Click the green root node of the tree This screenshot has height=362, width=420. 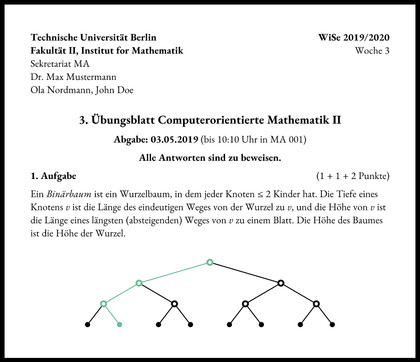click(x=210, y=262)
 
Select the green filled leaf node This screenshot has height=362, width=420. click(x=120, y=325)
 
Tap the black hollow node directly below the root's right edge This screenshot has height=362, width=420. click(x=281, y=283)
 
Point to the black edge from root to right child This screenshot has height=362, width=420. click(x=246, y=273)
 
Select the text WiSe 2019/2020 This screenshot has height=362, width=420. click(x=354, y=37)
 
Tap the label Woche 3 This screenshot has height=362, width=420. click(x=372, y=50)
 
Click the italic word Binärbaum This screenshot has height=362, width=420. click(x=69, y=194)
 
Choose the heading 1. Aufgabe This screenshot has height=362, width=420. click(x=53, y=176)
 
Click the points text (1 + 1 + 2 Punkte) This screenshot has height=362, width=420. click(x=352, y=176)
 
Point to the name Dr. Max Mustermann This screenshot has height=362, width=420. click(x=73, y=77)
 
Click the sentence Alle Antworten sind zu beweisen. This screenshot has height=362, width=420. click(x=210, y=158)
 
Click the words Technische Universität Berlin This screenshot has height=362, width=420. click(x=94, y=37)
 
